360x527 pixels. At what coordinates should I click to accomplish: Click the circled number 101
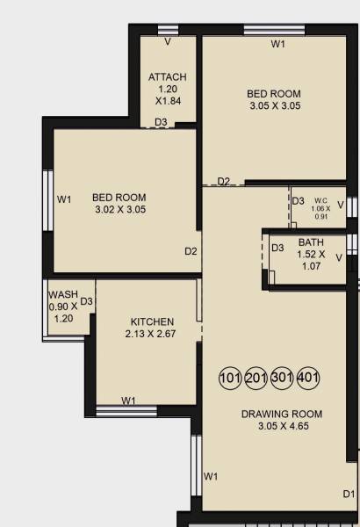230,379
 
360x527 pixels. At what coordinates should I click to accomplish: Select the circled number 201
256,379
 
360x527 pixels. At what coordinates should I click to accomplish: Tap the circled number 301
283,379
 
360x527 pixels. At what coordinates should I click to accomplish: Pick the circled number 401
308,379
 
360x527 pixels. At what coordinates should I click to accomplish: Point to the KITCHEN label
152,321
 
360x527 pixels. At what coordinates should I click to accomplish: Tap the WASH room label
63,294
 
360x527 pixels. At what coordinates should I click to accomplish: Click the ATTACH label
167,77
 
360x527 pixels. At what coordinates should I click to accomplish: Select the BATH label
311,242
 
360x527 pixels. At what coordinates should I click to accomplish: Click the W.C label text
320,200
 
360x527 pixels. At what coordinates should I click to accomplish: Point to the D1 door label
349,494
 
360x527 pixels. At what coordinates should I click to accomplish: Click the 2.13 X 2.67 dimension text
152,334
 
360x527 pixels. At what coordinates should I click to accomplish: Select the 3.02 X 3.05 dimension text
119,210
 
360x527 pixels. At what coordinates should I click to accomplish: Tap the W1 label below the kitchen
128,401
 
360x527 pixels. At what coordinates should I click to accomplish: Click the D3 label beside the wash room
87,301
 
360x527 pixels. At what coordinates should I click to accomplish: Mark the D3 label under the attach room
161,122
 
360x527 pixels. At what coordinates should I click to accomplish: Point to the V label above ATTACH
167,41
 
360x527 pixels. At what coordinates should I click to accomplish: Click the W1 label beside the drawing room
211,476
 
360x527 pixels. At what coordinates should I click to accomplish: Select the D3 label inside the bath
277,248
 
